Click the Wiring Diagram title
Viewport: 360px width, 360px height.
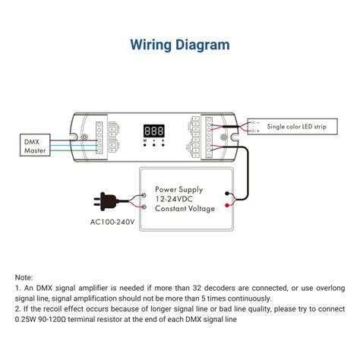coord(179,45)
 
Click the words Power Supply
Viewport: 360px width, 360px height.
coord(180,187)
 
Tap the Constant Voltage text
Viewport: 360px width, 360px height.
coord(185,208)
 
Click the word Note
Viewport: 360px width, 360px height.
coord(24,278)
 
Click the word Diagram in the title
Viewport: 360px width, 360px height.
coord(203,45)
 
